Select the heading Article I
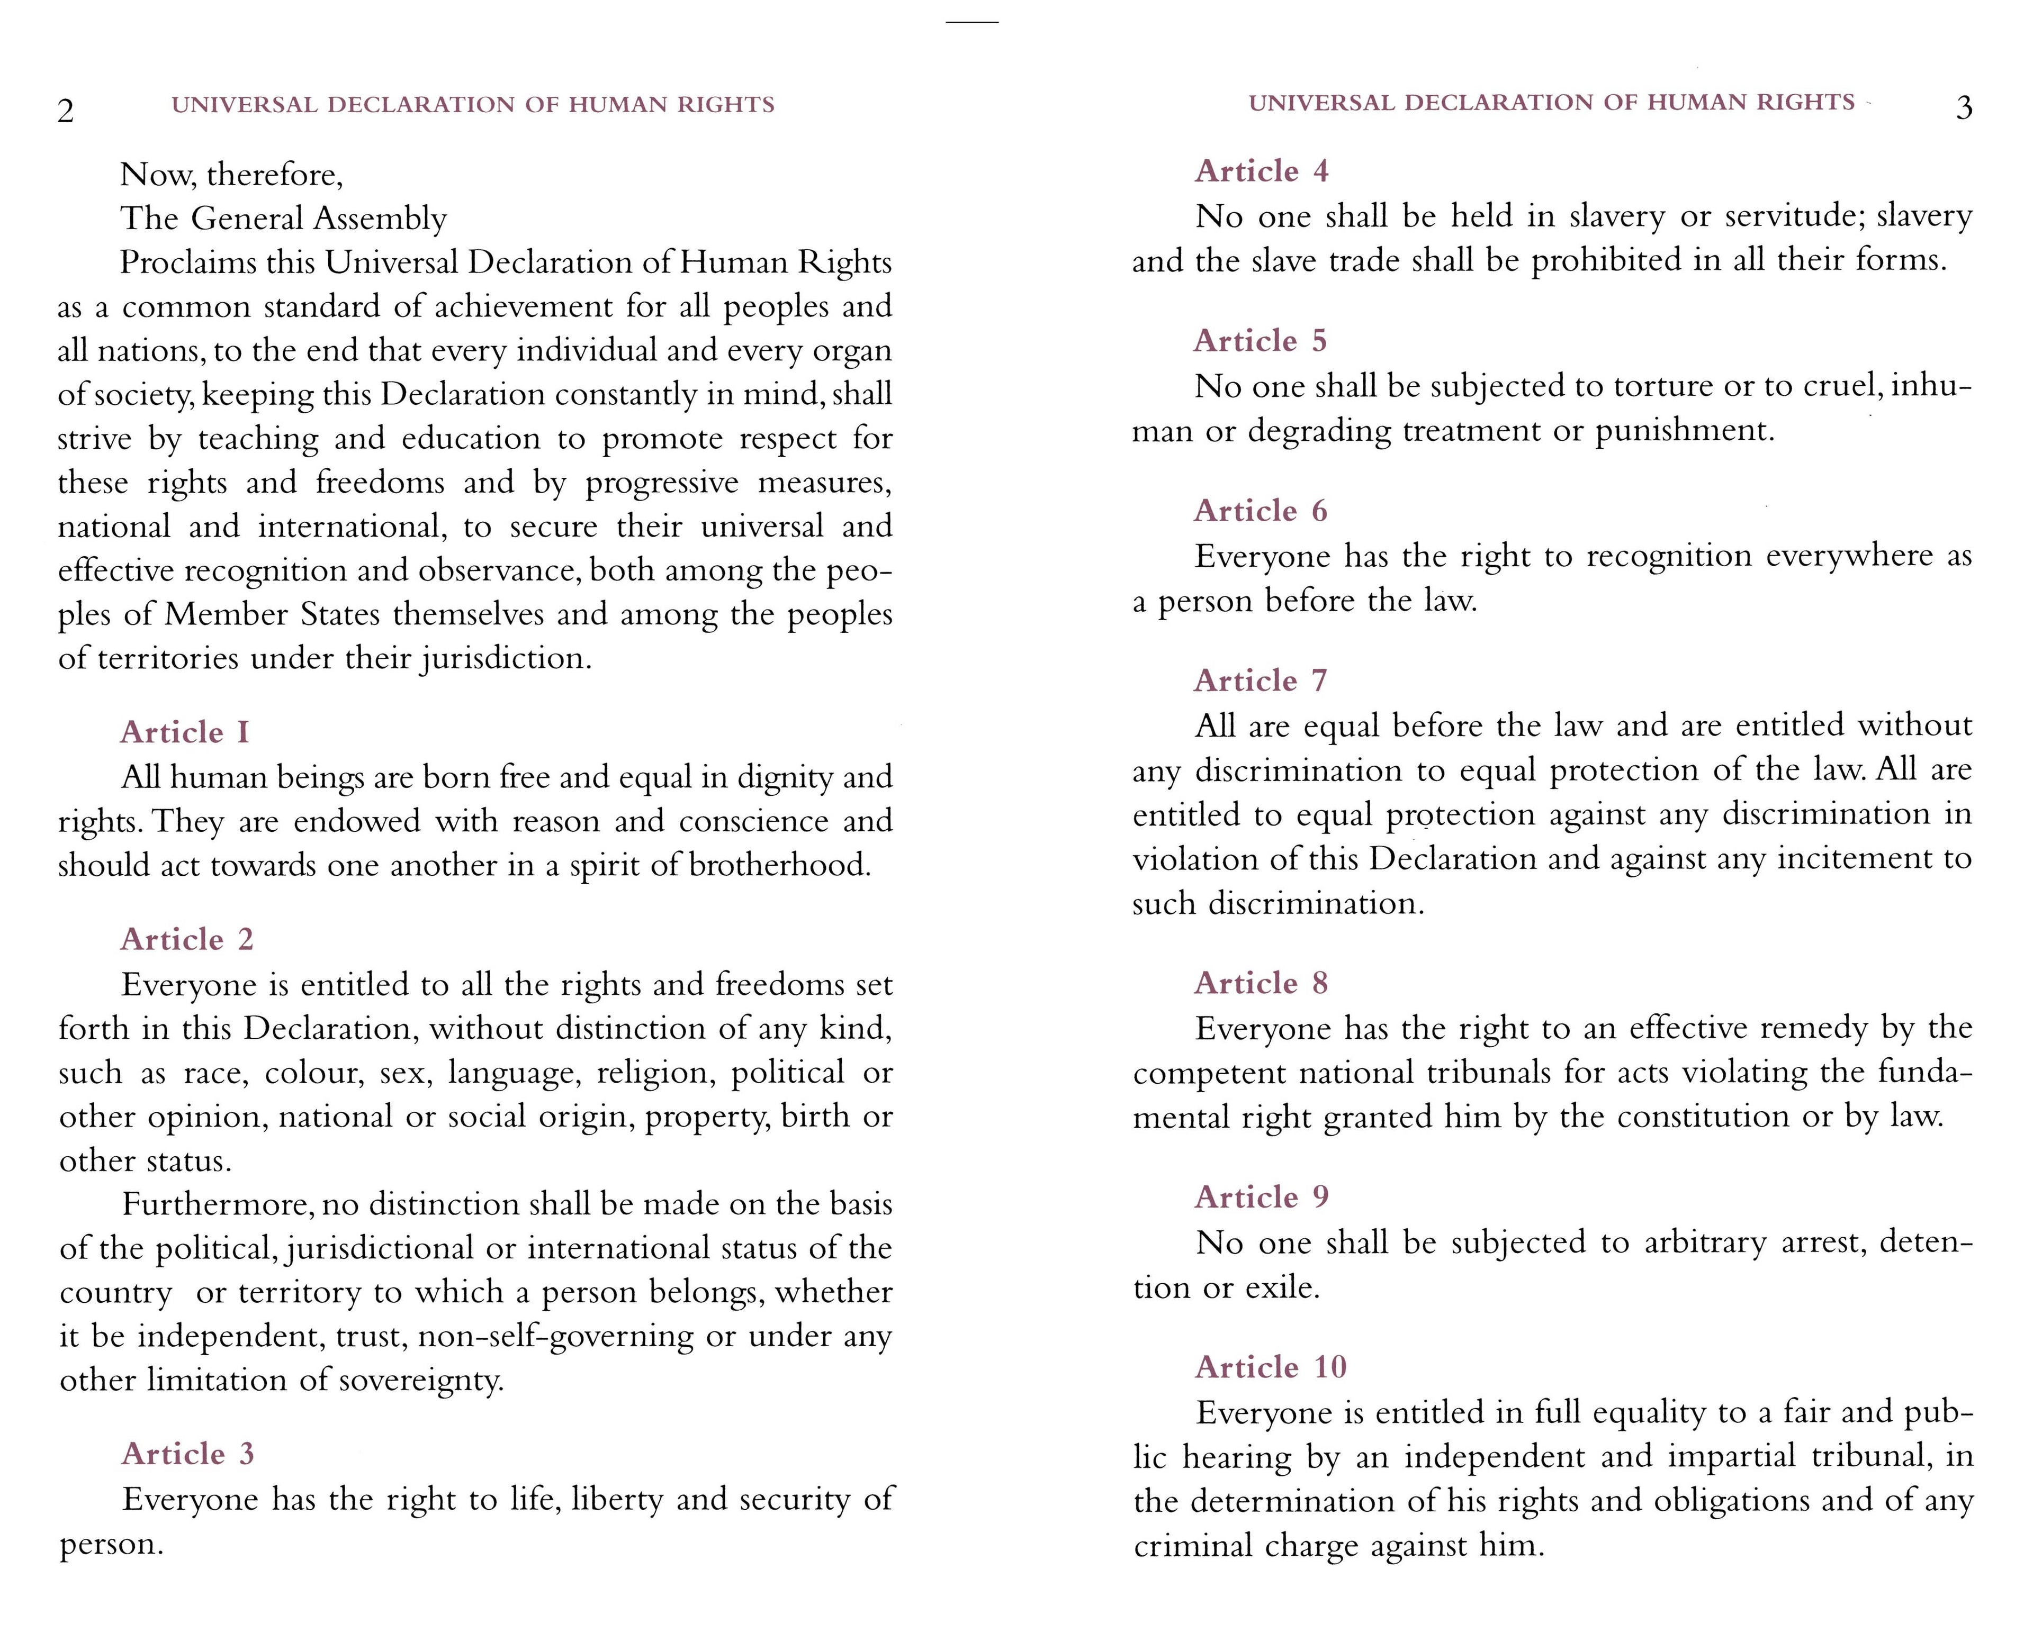point(185,732)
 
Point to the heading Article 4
point(1262,171)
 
